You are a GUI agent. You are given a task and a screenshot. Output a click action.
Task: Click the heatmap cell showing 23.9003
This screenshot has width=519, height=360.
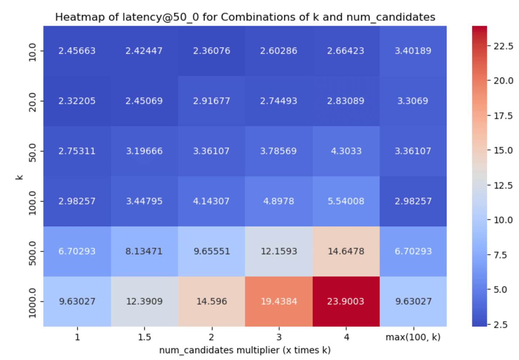point(346,301)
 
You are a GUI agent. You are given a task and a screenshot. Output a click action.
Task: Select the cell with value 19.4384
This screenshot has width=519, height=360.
point(279,301)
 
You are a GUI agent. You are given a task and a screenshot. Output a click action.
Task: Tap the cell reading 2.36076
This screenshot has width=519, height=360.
point(212,51)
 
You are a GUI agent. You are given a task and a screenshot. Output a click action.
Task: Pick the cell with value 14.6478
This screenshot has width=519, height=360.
point(346,251)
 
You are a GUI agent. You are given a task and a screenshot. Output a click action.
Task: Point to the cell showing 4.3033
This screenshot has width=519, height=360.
point(346,151)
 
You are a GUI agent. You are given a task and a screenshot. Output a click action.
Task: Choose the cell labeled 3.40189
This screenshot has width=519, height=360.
point(413,51)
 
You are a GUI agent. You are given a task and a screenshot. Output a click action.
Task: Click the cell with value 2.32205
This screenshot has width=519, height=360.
point(77,101)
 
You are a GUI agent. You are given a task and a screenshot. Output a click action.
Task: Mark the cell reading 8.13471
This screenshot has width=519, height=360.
point(144,251)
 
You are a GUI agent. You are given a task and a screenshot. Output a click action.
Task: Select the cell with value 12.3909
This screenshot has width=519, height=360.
point(144,301)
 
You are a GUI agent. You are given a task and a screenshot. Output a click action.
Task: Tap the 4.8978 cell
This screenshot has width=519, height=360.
point(279,201)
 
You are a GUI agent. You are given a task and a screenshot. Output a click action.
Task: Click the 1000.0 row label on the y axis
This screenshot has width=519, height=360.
point(32,303)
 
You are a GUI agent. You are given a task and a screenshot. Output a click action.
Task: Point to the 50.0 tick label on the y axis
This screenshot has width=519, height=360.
point(32,153)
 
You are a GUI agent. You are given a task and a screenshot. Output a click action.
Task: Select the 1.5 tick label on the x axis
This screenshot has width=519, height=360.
point(144,337)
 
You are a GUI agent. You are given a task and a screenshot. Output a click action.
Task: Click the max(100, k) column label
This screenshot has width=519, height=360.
point(413,337)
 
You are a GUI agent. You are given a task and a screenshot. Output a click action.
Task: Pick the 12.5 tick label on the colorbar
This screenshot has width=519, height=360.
point(503,185)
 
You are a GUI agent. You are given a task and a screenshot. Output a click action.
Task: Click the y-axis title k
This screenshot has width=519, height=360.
point(19,177)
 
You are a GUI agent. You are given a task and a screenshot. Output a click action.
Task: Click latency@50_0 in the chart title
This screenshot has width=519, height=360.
point(161,17)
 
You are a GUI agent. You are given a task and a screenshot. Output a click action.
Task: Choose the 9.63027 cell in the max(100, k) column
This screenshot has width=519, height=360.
point(413,301)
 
